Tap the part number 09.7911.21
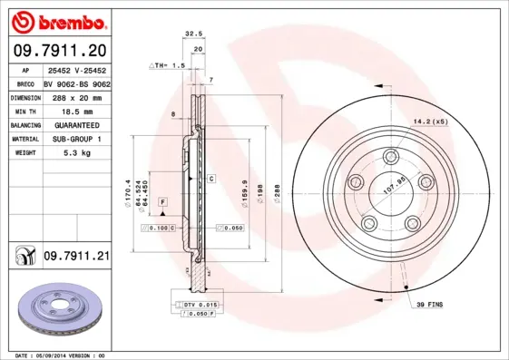pos(76,258)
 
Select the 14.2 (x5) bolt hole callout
pos(431,121)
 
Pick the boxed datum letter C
pos(210,179)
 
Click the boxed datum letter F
pos(162,199)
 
